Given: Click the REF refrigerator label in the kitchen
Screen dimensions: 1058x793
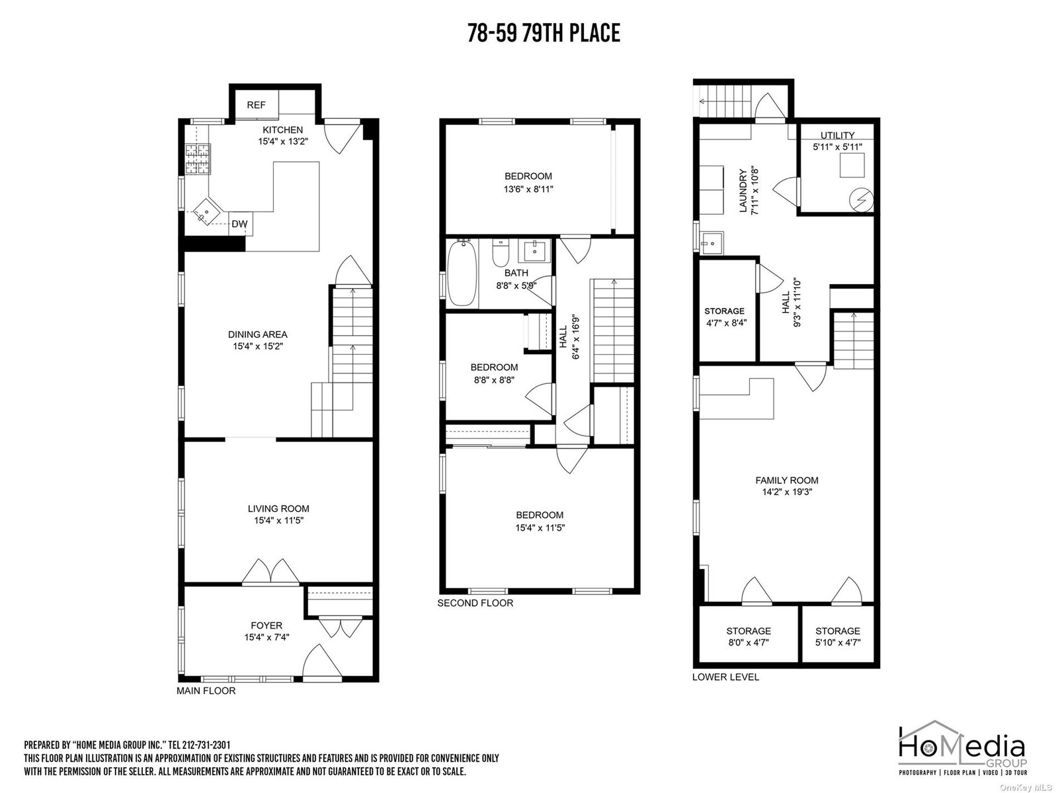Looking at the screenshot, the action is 256,105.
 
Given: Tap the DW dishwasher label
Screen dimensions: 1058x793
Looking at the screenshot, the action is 239,224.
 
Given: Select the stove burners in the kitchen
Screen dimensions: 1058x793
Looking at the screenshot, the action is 198,159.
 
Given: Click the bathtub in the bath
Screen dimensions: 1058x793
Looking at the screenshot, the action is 462,273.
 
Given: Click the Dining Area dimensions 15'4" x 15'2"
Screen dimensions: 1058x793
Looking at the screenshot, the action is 258,346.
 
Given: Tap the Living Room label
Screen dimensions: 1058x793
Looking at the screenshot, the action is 278,508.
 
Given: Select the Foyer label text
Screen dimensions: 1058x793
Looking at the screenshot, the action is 266,625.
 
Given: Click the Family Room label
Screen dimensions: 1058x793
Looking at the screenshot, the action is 787,480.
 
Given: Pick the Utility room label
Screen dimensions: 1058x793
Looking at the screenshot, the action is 838,135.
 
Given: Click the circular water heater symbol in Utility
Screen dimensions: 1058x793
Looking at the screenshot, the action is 862,200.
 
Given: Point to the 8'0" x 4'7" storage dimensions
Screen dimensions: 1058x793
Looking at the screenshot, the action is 749,642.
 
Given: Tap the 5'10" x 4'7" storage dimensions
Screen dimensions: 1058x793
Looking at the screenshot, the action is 838,642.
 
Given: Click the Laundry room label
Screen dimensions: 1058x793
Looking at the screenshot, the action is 743,191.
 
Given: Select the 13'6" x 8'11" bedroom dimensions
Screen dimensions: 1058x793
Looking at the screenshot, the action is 528,189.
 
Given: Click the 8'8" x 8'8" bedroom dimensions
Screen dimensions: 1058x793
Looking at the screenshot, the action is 494,380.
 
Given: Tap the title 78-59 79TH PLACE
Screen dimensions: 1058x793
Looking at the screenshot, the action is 544,33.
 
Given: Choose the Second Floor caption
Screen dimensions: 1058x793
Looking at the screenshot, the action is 475,603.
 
